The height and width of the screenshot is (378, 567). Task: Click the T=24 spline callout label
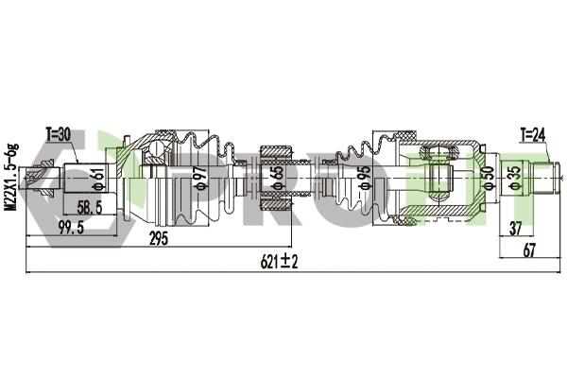pos(533,135)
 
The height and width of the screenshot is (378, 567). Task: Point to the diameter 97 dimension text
pos(202,178)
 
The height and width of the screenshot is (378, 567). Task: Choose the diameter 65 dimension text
pos(277,178)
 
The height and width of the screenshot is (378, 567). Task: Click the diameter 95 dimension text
pos(365,178)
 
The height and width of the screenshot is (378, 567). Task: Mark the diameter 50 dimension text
pos(489,178)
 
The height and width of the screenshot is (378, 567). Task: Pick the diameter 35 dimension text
pos(514,178)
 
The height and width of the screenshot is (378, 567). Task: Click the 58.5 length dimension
pos(90,208)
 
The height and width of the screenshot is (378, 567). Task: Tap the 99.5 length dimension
pos(71,228)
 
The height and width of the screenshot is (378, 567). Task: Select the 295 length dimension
pos(159,239)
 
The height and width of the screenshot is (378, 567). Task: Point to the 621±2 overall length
pos(279,261)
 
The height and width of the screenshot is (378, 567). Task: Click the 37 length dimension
pos(516,229)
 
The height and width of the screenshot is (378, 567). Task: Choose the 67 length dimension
pos(528,249)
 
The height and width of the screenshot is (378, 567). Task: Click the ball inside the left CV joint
pos(156,148)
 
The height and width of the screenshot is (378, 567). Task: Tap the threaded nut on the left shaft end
pos(41,178)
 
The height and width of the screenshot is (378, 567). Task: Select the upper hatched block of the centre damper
pos(276,152)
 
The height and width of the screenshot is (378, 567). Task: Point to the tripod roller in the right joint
pos(439,152)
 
